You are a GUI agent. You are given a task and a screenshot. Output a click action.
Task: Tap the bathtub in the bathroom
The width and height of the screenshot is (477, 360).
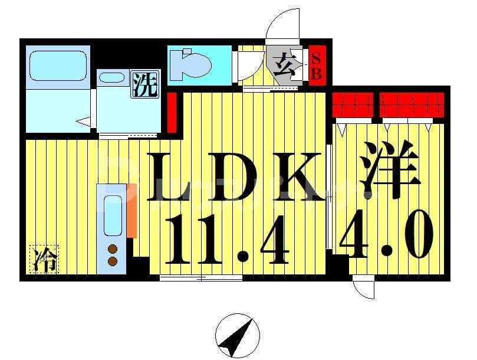point(58,64)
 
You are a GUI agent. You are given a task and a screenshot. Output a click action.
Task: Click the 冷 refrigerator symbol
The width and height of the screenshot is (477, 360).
point(44,260)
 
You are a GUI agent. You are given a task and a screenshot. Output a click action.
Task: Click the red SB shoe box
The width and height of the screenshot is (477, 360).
point(316,65)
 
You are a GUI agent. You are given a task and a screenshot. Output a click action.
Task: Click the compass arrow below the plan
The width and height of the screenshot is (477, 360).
point(238,335)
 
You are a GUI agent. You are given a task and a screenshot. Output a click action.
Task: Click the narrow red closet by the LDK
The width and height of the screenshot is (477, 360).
point(172,112)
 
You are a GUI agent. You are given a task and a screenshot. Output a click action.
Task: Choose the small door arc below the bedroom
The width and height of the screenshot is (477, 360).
point(364,289)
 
